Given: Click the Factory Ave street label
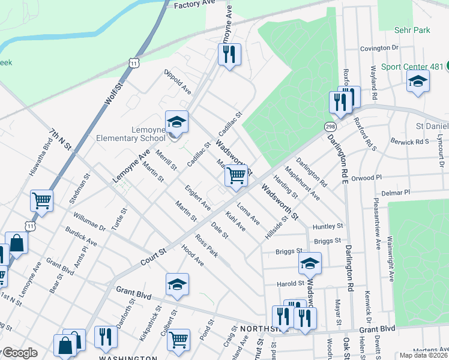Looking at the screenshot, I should tap(194, 5).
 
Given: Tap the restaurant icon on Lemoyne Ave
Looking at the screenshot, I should tap(229, 55).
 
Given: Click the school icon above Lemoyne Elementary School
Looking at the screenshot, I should tap(176, 122).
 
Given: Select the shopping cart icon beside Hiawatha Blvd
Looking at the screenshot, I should tap(41, 201).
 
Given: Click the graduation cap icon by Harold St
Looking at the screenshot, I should tap(310, 263).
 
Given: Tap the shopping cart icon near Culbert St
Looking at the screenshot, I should tap(179, 340).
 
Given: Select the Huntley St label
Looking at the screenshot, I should tap(328, 226).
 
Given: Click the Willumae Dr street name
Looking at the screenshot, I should tap(89, 221).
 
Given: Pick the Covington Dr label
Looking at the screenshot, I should tap(379, 48).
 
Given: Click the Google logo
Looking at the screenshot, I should tap(19, 353).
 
